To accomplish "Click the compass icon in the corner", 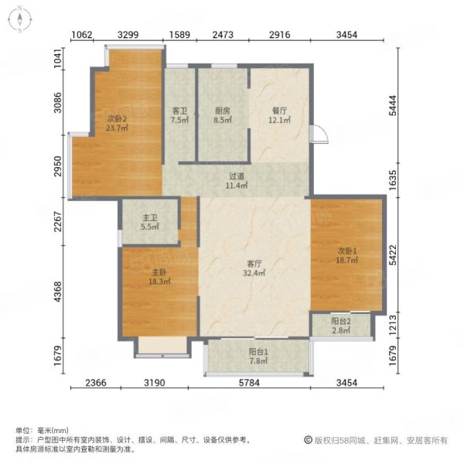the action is click(x=19, y=19).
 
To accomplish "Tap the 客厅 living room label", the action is click(x=254, y=264).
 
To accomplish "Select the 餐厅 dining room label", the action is click(x=279, y=111).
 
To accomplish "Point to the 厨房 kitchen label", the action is click(x=222, y=111).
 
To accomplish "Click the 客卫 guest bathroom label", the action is click(x=179, y=111).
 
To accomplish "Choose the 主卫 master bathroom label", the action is click(x=150, y=218).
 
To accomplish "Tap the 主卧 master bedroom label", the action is click(x=159, y=272).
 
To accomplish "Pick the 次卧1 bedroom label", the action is click(x=347, y=251).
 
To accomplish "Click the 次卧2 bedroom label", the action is click(x=117, y=119).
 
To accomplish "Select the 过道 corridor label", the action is click(x=237, y=176).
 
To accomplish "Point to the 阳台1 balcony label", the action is click(x=258, y=352).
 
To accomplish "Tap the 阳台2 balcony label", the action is click(x=341, y=321).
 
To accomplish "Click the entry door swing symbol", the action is click(x=319, y=134).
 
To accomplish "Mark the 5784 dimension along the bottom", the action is click(x=249, y=383).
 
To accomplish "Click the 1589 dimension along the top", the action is click(x=179, y=35).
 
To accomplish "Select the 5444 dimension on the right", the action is click(x=392, y=106).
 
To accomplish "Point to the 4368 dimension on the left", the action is click(x=58, y=292).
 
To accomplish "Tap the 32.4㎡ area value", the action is click(x=254, y=273).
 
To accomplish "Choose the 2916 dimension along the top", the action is click(x=280, y=35).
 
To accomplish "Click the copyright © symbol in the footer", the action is click(x=308, y=440).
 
